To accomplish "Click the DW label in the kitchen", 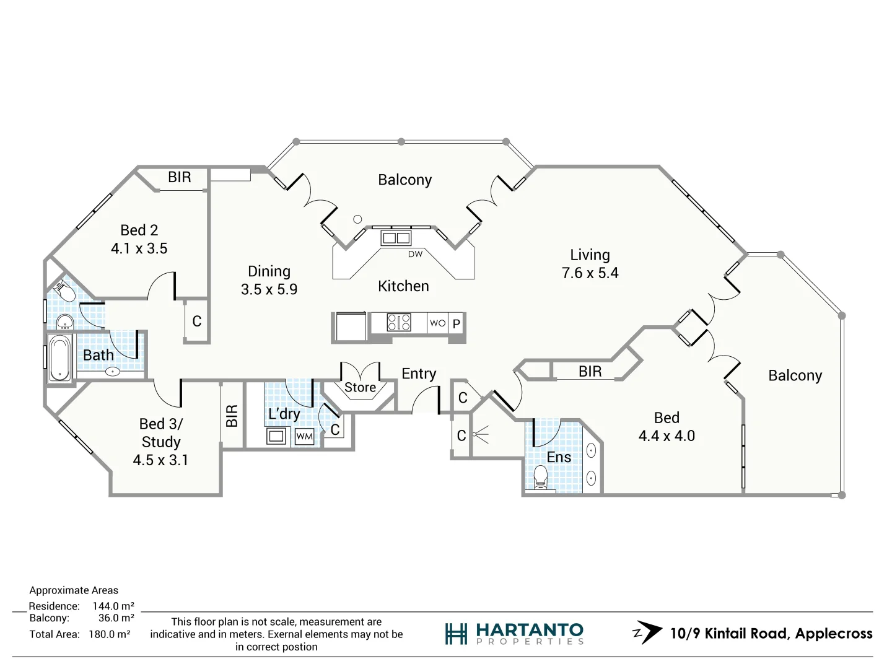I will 415,254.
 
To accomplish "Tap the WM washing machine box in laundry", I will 304,436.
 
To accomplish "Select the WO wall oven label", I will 437,323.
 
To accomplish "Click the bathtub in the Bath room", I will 60,358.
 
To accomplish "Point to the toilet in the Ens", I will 540,476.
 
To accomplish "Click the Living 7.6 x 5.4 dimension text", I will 590,273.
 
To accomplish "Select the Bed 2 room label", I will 139,230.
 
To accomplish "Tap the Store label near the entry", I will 360,387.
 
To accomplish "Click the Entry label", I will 419,374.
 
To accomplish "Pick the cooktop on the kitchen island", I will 398,322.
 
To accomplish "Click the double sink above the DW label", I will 396,238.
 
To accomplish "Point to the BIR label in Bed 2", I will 180,177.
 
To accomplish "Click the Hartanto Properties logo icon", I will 456,634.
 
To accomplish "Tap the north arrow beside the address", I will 647,632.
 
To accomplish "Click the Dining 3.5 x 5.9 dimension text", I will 269,289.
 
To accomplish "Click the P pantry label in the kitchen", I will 457,323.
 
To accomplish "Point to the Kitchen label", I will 403,286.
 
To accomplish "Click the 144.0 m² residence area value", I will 113,606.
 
